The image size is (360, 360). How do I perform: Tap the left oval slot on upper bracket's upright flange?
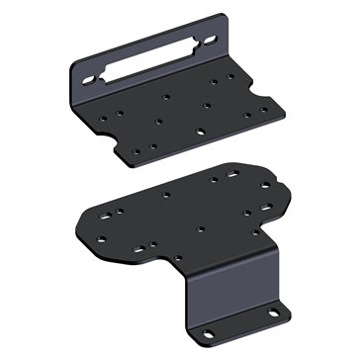point(88,78)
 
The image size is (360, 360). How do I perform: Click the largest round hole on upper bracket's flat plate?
point(201,132)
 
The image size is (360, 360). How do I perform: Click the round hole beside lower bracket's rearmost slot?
point(214,180)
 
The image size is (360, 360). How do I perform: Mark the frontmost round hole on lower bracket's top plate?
point(179,260)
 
